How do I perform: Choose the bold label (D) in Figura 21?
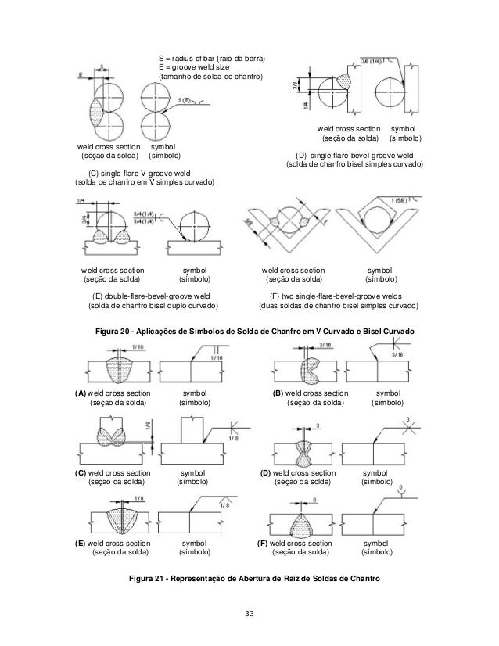(266, 473)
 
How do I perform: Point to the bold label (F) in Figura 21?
(263, 543)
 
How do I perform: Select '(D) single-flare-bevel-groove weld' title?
(354, 156)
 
